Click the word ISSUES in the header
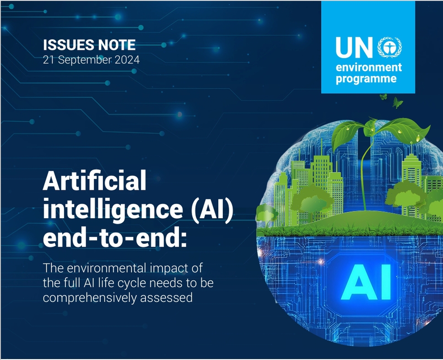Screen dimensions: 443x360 pyautogui.click(x=69, y=45)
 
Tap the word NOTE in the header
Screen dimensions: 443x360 pyautogui.click(x=117, y=45)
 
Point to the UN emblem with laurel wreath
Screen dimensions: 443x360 pyautogui.click(x=390, y=48)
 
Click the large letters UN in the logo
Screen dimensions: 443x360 pyautogui.click(x=355, y=48)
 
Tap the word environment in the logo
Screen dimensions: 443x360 pyautogui.click(x=369, y=68)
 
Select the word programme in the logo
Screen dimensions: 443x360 pyautogui.click(x=366, y=79)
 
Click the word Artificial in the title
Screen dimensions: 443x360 pyautogui.click(x=95, y=180)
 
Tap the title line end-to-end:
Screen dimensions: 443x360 pyautogui.click(x=115, y=238)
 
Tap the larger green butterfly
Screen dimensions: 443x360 pyautogui.click(x=398, y=102)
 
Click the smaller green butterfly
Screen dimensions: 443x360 pyautogui.click(x=384, y=97)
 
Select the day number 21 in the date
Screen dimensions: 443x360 pyautogui.click(x=49, y=60)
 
